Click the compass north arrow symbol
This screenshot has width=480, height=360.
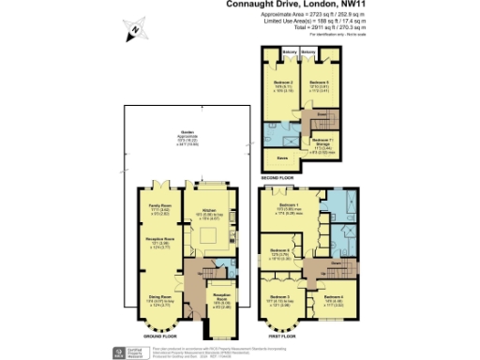click(134, 29)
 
